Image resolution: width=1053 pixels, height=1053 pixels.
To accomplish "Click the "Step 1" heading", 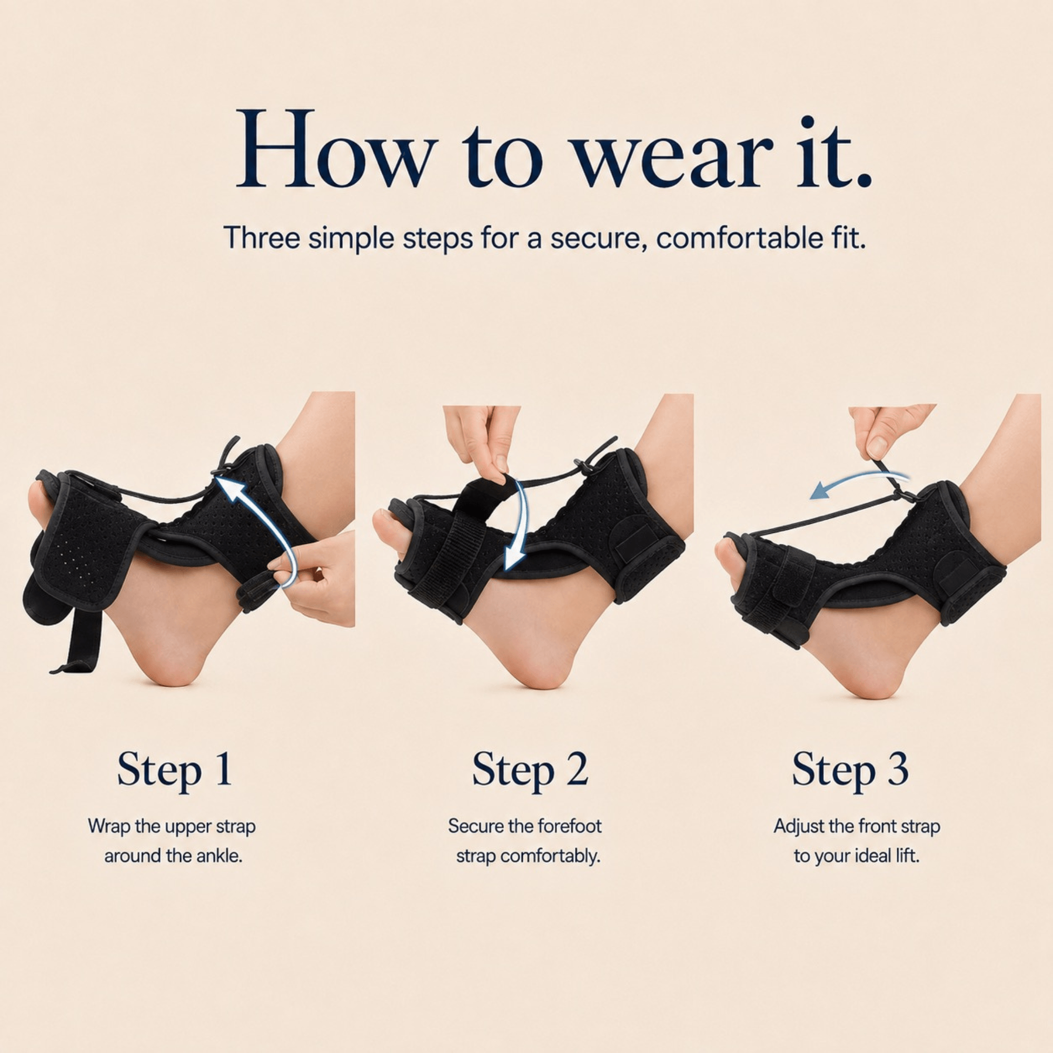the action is pos(174,770).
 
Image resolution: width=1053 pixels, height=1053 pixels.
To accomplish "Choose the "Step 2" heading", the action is pos(530,770).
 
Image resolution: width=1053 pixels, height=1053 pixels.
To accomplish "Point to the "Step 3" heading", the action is pos(850,770).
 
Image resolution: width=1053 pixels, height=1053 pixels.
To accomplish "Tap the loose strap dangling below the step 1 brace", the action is pos(82,640).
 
